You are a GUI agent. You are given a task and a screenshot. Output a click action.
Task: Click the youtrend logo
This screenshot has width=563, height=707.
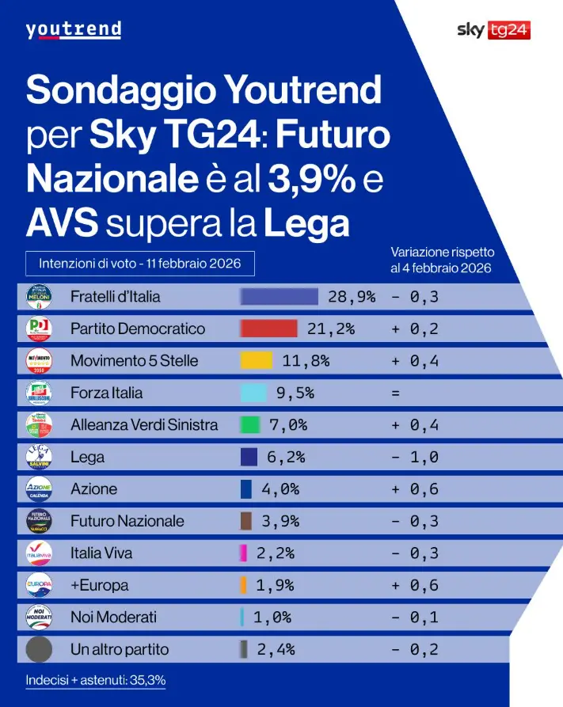[x=73, y=30]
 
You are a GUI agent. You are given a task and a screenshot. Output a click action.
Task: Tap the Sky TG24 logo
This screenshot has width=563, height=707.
[x=493, y=30]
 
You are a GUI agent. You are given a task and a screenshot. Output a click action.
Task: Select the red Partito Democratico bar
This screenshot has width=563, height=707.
[x=268, y=329]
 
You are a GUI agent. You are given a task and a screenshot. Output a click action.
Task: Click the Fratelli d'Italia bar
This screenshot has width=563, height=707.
[x=279, y=297]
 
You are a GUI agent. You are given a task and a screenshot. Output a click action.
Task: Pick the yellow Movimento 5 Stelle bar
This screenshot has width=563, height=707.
[x=252, y=361]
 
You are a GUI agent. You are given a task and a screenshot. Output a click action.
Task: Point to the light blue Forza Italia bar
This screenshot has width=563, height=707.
[x=253, y=393]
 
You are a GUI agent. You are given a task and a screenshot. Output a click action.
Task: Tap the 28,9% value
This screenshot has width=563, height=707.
[x=352, y=297]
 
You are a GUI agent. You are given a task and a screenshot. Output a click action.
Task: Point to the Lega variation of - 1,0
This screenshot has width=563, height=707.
[x=415, y=457]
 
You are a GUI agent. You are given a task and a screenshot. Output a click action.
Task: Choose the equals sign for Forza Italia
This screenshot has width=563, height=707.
[x=395, y=393]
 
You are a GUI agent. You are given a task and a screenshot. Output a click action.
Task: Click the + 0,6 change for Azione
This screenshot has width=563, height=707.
[x=415, y=489]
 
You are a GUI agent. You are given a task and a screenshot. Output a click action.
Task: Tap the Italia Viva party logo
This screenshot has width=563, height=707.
[x=39, y=553]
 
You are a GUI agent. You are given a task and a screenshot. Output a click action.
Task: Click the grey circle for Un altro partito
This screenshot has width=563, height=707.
[x=39, y=649]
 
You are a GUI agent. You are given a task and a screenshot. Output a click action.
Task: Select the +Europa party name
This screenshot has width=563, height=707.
[x=99, y=586]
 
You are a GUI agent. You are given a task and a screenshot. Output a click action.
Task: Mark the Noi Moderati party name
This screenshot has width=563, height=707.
[x=113, y=618]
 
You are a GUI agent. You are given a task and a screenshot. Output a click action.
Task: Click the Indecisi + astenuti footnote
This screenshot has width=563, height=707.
[x=95, y=680]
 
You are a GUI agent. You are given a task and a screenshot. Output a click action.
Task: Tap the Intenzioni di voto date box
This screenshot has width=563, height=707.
[x=139, y=261]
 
